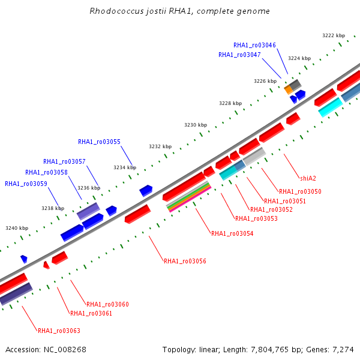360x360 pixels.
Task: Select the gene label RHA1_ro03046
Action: pyautogui.click(x=254, y=45)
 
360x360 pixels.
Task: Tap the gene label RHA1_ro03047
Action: pyautogui.click(x=239, y=55)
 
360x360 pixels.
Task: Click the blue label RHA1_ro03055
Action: pyautogui.click(x=99, y=142)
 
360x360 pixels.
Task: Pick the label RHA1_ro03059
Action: pyautogui.click(x=26, y=184)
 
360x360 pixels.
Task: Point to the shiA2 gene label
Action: pyautogui.click(x=308, y=178)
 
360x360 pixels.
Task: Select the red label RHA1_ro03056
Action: pyautogui.click(x=185, y=261)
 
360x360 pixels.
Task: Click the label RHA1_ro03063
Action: pyautogui.click(x=59, y=331)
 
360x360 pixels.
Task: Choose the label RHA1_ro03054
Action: pyautogui.click(x=232, y=233)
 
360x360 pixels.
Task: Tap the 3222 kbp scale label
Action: pyautogui.click(x=334, y=35)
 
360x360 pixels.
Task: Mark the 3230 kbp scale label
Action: pyautogui.click(x=196, y=125)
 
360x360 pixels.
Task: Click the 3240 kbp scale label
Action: pyautogui.click(x=17, y=228)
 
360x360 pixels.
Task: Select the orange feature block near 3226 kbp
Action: pyautogui.click(x=289, y=89)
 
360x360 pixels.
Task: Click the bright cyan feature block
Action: pyautogui.click(x=331, y=107)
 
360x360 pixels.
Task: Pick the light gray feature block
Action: pyautogui.click(x=254, y=157)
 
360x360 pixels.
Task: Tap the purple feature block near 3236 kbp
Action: pyautogui.click(x=88, y=211)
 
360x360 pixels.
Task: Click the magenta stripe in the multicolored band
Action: pyautogui.click(x=190, y=199)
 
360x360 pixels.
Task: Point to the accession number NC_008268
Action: pyautogui.click(x=65, y=350)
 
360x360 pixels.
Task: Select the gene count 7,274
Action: pyautogui.click(x=343, y=350)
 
